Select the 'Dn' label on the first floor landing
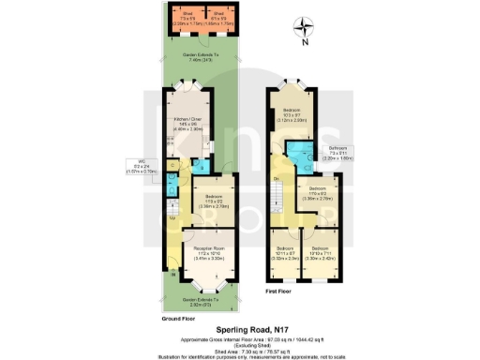[276, 178]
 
